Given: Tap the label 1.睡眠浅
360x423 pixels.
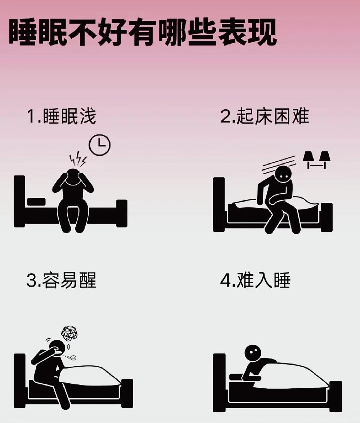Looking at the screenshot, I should [x=61, y=117].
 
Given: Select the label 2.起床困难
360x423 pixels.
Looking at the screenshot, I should [x=265, y=116].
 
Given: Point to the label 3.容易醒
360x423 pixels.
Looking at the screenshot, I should [x=61, y=280].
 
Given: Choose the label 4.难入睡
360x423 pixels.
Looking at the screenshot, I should [x=255, y=280].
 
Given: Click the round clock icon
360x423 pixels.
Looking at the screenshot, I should [x=100, y=144].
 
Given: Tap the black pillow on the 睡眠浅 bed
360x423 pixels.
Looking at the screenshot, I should [x=36, y=202].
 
